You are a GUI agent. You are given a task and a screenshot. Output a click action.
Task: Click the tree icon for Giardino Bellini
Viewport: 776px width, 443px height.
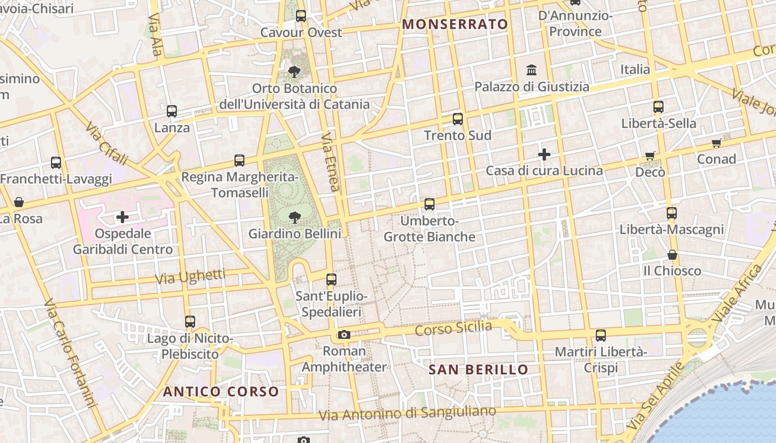(x=294, y=217)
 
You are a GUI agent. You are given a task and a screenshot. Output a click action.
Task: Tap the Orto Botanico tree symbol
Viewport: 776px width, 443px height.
(x=294, y=71)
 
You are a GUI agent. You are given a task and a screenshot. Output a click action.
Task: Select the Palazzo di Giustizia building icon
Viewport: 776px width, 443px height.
(x=532, y=70)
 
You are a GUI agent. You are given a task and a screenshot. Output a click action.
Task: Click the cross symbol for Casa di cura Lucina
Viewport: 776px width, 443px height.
(x=544, y=154)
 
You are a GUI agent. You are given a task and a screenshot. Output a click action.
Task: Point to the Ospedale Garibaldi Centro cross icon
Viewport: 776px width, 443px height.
(x=122, y=217)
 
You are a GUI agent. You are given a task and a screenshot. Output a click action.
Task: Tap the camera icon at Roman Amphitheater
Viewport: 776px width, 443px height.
(x=344, y=334)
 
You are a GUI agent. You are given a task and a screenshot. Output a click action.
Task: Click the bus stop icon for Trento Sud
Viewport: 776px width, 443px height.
(x=457, y=119)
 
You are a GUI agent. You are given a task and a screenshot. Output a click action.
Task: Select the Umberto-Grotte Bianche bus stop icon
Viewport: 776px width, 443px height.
(x=430, y=204)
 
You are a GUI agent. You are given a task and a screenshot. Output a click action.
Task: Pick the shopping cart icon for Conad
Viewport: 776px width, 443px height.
(x=716, y=143)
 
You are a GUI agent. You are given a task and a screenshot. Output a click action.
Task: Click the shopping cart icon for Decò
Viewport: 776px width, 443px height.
(x=650, y=156)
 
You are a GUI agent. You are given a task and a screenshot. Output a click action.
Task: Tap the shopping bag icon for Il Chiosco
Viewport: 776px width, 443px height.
(x=672, y=255)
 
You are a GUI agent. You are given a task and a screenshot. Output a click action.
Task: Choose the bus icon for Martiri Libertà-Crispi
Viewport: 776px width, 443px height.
(x=601, y=335)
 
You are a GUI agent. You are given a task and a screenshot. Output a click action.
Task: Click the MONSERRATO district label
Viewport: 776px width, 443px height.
(x=455, y=24)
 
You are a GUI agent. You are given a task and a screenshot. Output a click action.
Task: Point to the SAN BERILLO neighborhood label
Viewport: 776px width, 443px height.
(x=478, y=369)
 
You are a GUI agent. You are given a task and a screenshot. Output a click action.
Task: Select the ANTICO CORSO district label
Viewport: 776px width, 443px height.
(x=221, y=392)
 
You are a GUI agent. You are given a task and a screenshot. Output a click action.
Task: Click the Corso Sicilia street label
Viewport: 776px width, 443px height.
(x=453, y=328)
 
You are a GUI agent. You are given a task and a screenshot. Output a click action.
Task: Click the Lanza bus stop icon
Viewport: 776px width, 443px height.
(x=172, y=111)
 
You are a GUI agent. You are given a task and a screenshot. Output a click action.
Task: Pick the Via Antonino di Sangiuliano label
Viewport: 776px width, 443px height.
(x=407, y=413)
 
